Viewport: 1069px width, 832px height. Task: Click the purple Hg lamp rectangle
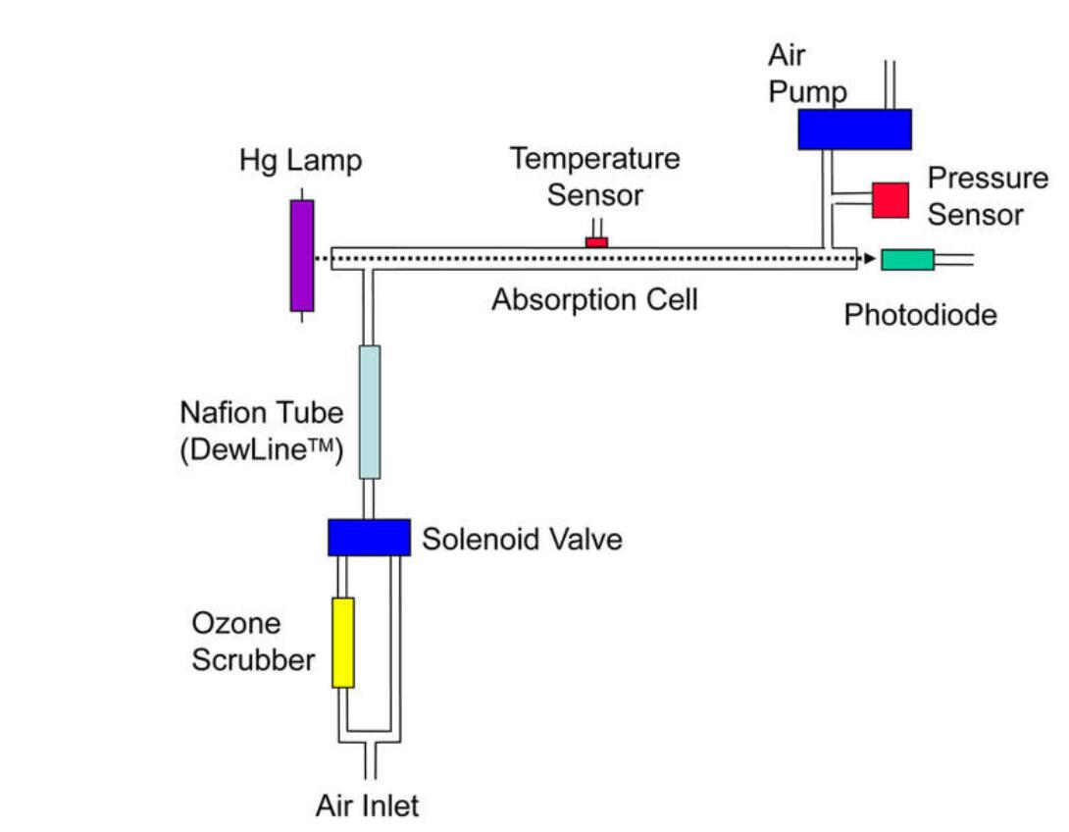[302, 255]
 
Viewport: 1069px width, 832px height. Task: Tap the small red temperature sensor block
[596, 241]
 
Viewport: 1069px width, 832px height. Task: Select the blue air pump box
[854, 130]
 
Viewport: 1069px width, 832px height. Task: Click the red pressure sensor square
[891, 199]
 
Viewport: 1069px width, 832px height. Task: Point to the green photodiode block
[907, 260]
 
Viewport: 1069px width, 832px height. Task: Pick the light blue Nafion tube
[370, 411]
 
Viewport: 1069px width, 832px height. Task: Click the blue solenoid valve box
[369, 537]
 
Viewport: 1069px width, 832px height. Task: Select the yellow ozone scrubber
[342, 643]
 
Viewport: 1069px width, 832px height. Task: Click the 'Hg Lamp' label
[300, 160]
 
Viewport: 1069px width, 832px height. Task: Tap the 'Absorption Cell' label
[594, 299]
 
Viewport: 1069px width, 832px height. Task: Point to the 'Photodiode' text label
[920, 314]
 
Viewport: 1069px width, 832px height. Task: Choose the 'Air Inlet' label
[367, 806]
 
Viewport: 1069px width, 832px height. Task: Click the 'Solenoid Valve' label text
[522, 539]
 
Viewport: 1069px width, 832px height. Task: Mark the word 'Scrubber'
[253, 659]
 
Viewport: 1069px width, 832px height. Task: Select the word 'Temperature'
[594, 158]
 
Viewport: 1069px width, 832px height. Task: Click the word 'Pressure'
[988, 179]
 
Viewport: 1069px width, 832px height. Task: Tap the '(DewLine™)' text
[260, 452]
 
